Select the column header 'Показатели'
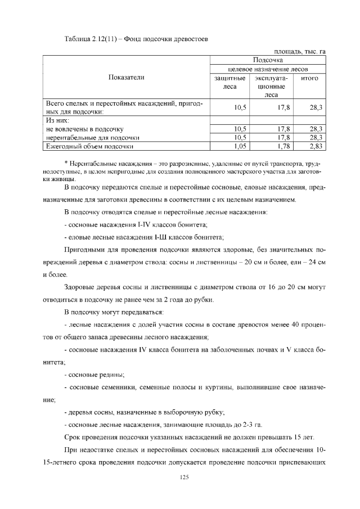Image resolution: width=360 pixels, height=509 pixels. (126, 78)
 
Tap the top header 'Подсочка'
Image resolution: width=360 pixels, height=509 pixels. (268, 60)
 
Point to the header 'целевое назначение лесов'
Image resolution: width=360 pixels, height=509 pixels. (268, 69)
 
